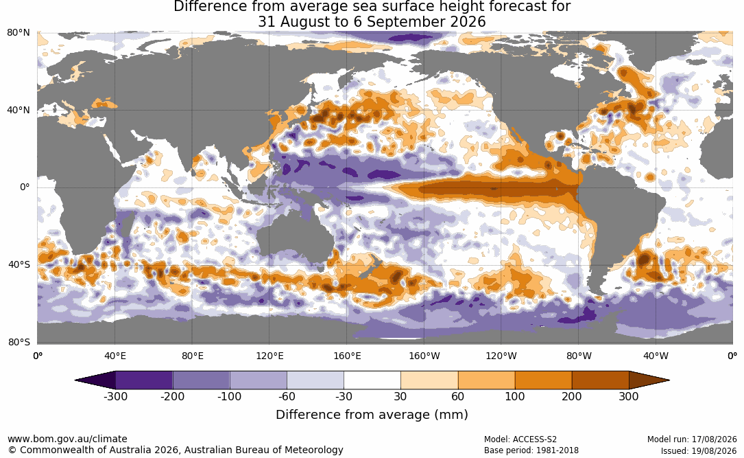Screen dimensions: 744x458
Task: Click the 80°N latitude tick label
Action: coord(18,33)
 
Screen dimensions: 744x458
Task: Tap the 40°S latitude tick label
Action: coord(19,264)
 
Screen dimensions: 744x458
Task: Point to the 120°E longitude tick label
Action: coord(269,356)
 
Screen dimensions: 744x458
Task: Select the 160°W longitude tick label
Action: coord(424,356)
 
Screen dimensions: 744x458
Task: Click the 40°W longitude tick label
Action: coord(656,356)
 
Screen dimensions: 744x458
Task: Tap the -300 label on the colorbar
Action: coord(115,396)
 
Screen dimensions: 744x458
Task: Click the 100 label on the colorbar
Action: coord(515,396)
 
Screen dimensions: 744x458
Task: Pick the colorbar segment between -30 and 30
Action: coord(372,380)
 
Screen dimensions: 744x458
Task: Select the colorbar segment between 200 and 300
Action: coord(600,380)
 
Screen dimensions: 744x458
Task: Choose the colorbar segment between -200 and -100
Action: coord(201,380)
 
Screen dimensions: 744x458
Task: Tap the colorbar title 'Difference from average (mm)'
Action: coord(372,415)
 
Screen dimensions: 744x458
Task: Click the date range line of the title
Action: coord(372,22)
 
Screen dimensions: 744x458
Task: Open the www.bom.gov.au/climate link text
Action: coord(67,439)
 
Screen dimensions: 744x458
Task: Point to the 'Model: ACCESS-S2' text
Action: coord(520,439)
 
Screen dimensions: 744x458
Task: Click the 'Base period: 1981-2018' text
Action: coord(531,450)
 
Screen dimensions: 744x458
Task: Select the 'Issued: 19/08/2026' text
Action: coord(699,450)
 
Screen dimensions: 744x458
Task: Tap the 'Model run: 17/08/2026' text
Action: coord(692,439)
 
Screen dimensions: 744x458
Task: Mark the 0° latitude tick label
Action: coord(25,187)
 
